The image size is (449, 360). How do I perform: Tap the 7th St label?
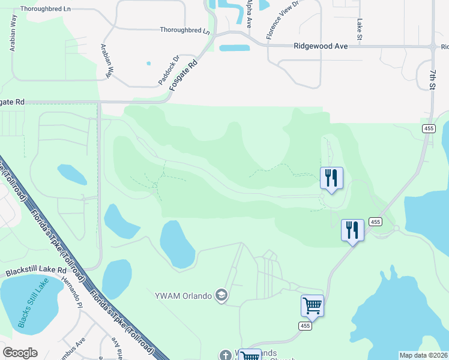pos(432,79)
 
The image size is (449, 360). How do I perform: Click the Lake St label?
pos(359,28)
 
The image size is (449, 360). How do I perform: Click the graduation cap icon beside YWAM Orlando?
pos(221,295)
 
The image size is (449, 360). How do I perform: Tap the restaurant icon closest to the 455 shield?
pos(352,230)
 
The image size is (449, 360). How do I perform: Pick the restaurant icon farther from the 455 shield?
pos(331,178)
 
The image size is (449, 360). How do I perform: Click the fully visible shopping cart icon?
pos(312,305)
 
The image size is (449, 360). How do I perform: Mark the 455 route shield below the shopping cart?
pos(305,326)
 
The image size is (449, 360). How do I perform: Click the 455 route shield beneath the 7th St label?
pos(428,128)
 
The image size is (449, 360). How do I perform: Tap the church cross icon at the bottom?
pos(225,355)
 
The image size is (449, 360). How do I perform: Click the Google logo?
pos(20,353)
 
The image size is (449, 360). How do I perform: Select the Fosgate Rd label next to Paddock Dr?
pos(183,74)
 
